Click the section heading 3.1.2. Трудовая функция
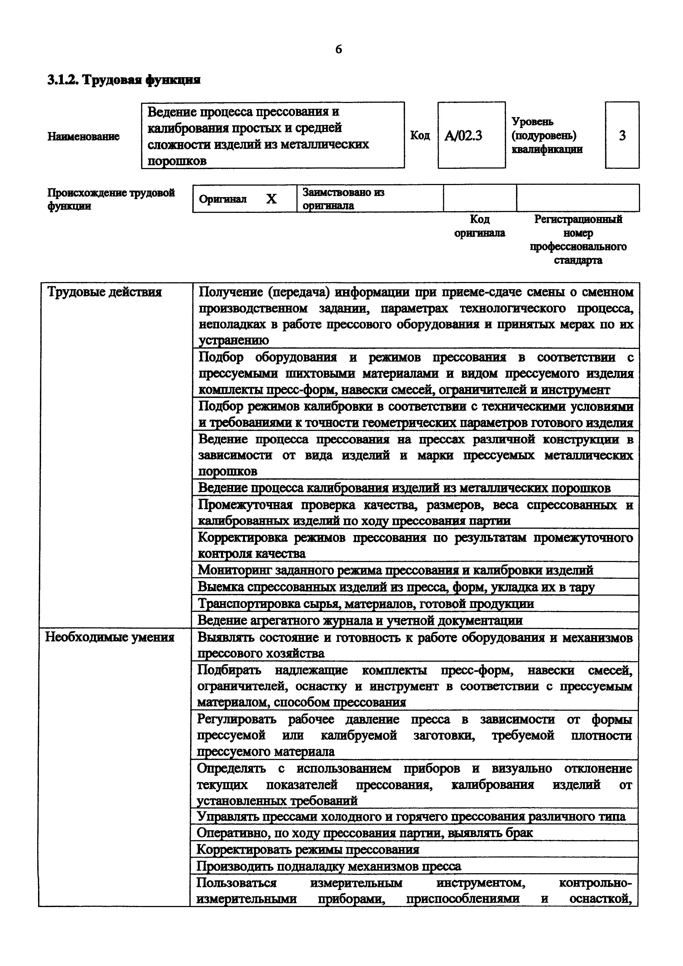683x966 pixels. tap(124, 80)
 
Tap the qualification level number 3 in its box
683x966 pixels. tap(622, 135)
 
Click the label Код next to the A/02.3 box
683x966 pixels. tap(420, 135)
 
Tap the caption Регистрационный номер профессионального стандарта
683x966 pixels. tap(578, 239)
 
